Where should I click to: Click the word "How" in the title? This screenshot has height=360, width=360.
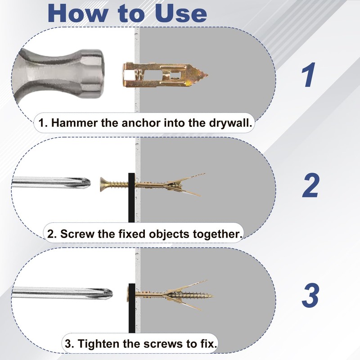tap(77, 13)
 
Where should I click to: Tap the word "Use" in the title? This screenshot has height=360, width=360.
tap(181, 13)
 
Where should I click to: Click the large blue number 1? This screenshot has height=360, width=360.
tap(308, 75)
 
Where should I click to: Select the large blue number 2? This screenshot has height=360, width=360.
tap(310, 185)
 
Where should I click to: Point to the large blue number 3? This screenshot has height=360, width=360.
tap(310, 295)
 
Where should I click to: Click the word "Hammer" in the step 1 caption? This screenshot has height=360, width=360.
tap(75, 123)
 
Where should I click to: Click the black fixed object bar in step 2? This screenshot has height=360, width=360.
tap(131, 198)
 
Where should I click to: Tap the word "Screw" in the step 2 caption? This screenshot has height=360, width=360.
tap(77, 234)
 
